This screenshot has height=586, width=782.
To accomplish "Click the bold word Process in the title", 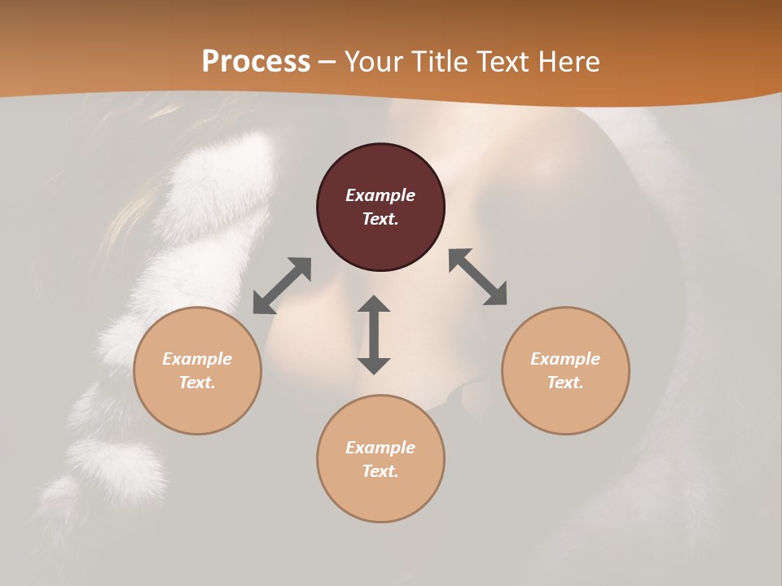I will (x=256, y=62).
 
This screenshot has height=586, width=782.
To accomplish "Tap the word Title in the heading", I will (x=443, y=62).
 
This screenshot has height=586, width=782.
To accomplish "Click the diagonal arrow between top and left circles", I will (x=282, y=286).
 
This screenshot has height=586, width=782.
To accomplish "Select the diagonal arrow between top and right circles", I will (x=477, y=277).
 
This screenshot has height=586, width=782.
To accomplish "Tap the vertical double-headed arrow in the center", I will (x=374, y=335).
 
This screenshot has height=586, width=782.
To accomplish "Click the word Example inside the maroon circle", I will (x=380, y=195).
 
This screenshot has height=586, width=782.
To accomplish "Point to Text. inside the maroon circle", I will (x=380, y=219).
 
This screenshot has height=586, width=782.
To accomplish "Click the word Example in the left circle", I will (x=197, y=359).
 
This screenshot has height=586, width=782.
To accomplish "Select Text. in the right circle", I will (x=565, y=383).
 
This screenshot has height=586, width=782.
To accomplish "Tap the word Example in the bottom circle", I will (x=380, y=448).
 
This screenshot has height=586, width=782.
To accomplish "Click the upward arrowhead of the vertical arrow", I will (x=374, y=304).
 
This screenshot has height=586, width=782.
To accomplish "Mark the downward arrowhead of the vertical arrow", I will (x=374, y=365).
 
